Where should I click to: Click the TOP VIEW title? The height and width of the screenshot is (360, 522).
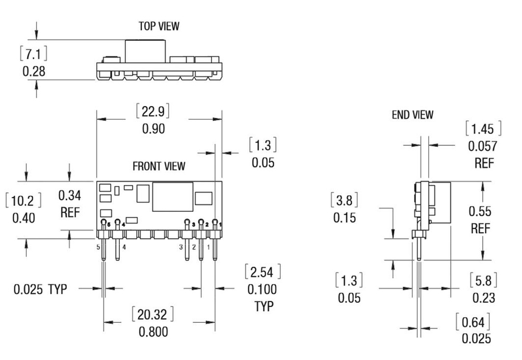[x=159, y=25]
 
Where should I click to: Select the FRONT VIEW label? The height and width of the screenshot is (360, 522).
[x=159, y=166]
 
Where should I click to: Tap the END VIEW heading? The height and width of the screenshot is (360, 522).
[x=412, y=115]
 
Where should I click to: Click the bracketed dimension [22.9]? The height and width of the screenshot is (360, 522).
[x=153, y=111]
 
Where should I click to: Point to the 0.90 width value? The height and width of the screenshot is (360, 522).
[x=153, y=128]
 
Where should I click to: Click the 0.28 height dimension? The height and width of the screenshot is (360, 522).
[x=34, y=71]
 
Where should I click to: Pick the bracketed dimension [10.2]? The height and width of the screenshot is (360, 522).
[x=22, y=200]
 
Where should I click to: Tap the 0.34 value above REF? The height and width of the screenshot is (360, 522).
[x=70, y=195]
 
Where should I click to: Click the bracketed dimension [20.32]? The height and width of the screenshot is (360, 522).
[x=153, y=314]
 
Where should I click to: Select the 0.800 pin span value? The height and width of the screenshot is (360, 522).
[x=153, y=332]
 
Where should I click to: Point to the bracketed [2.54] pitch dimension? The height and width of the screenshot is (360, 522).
[x=263, y=271]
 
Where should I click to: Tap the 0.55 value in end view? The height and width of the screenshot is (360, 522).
[x=480, y=211]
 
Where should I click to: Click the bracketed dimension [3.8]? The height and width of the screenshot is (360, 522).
[x=345, y=200]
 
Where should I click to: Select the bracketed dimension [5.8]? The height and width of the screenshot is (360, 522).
[x=483, y=280]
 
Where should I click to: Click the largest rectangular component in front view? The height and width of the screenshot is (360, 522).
[x=173, y=197]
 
